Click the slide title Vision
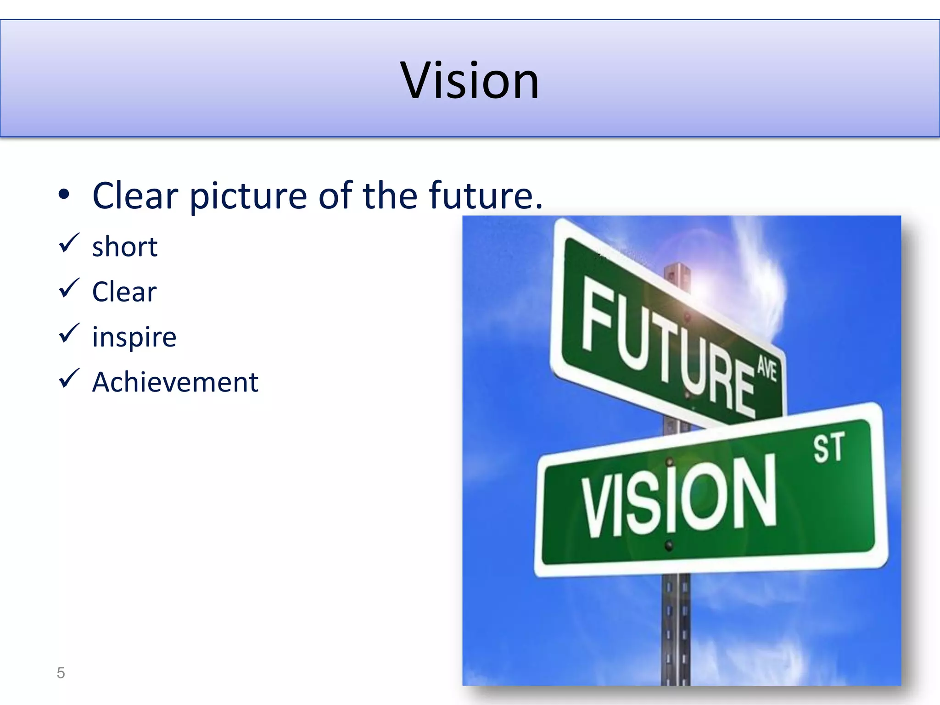(x=470, y=81)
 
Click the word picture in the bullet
(x=248, y=196)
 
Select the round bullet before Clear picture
(x=64, y=195)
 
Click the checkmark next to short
(x=69, y=243)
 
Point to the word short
(x=124, y=247)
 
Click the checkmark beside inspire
(x=69, y=334)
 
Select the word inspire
(x=134, y=338)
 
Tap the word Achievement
(x=175, y=382)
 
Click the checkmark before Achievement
(x=69, y=379)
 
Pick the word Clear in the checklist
(x=124, y=292)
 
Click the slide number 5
(x=61, y=673)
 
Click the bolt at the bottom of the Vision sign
(x=669, y=546)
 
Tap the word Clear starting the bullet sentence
(x=135, y=196)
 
